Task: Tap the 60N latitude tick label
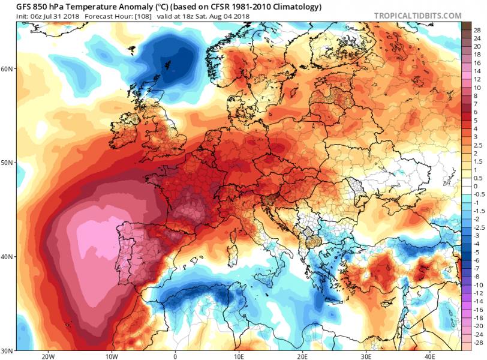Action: [x=8, y=68]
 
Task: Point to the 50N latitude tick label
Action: [x=8, y=163]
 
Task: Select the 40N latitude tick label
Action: [x=8, y=256]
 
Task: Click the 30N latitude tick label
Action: [x=8, y=350]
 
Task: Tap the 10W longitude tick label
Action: [x=111, y=355]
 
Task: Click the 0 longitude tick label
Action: [x=175, y=355]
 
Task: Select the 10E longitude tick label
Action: [x=238, y=355]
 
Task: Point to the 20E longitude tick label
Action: [x=302, y=355]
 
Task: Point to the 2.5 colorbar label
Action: [x=477, y=146]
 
